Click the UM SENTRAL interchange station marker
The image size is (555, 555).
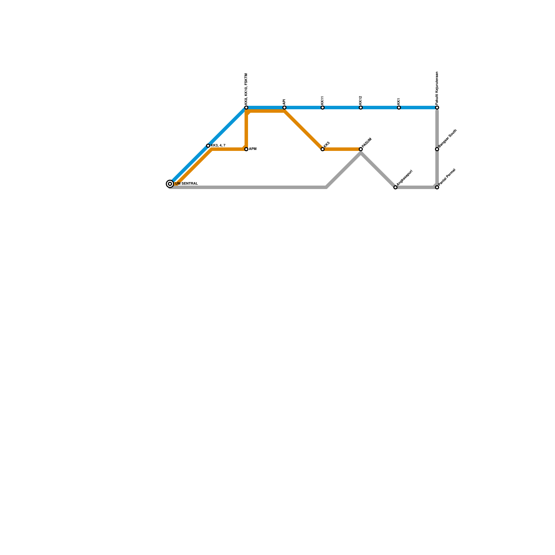coord(170,184)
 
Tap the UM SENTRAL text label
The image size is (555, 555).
coord(186,183)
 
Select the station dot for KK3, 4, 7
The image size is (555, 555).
coord(208,146)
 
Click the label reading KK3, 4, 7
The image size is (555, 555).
coord(218,145)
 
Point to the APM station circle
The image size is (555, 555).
coord(246,149)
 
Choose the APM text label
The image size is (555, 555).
coord(253,149)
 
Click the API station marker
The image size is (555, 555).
coord(284,108)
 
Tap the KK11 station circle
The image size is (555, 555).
coord(323,108)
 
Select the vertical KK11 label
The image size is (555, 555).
coord(323,100)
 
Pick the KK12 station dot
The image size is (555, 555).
coord(361,108)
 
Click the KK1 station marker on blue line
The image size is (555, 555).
coord(399,108)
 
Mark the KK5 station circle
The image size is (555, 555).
coord(323,149)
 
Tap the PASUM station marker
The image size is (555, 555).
coord(361,149)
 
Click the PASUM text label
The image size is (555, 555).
coord(367,142)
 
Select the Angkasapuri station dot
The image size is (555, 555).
coord(395,187)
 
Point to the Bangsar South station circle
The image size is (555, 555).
coord(437,149)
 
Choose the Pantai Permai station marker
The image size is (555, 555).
coord(437,187)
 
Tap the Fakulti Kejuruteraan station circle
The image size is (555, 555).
coord(437,108)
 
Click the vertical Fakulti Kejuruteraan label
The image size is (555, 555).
coord(437,88)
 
